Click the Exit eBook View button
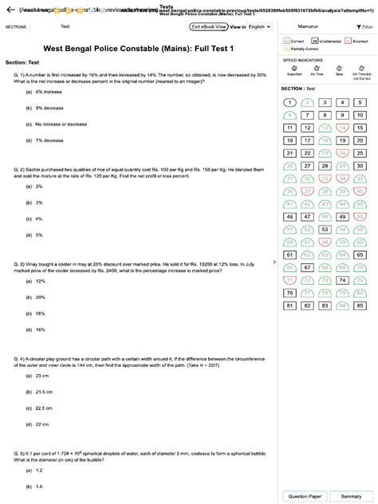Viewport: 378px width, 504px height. click(x=209, y=26)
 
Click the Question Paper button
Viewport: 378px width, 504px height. click(x=304, y=495)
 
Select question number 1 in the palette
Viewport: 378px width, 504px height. click(x=289, y=103)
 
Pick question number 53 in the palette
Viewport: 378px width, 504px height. click(x=324, y=230)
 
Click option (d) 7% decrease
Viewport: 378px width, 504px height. click(x=49, y=140)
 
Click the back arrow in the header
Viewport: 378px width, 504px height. click(x=6, y=9)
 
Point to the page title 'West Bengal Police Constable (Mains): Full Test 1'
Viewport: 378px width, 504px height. click(x=138, y=48)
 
